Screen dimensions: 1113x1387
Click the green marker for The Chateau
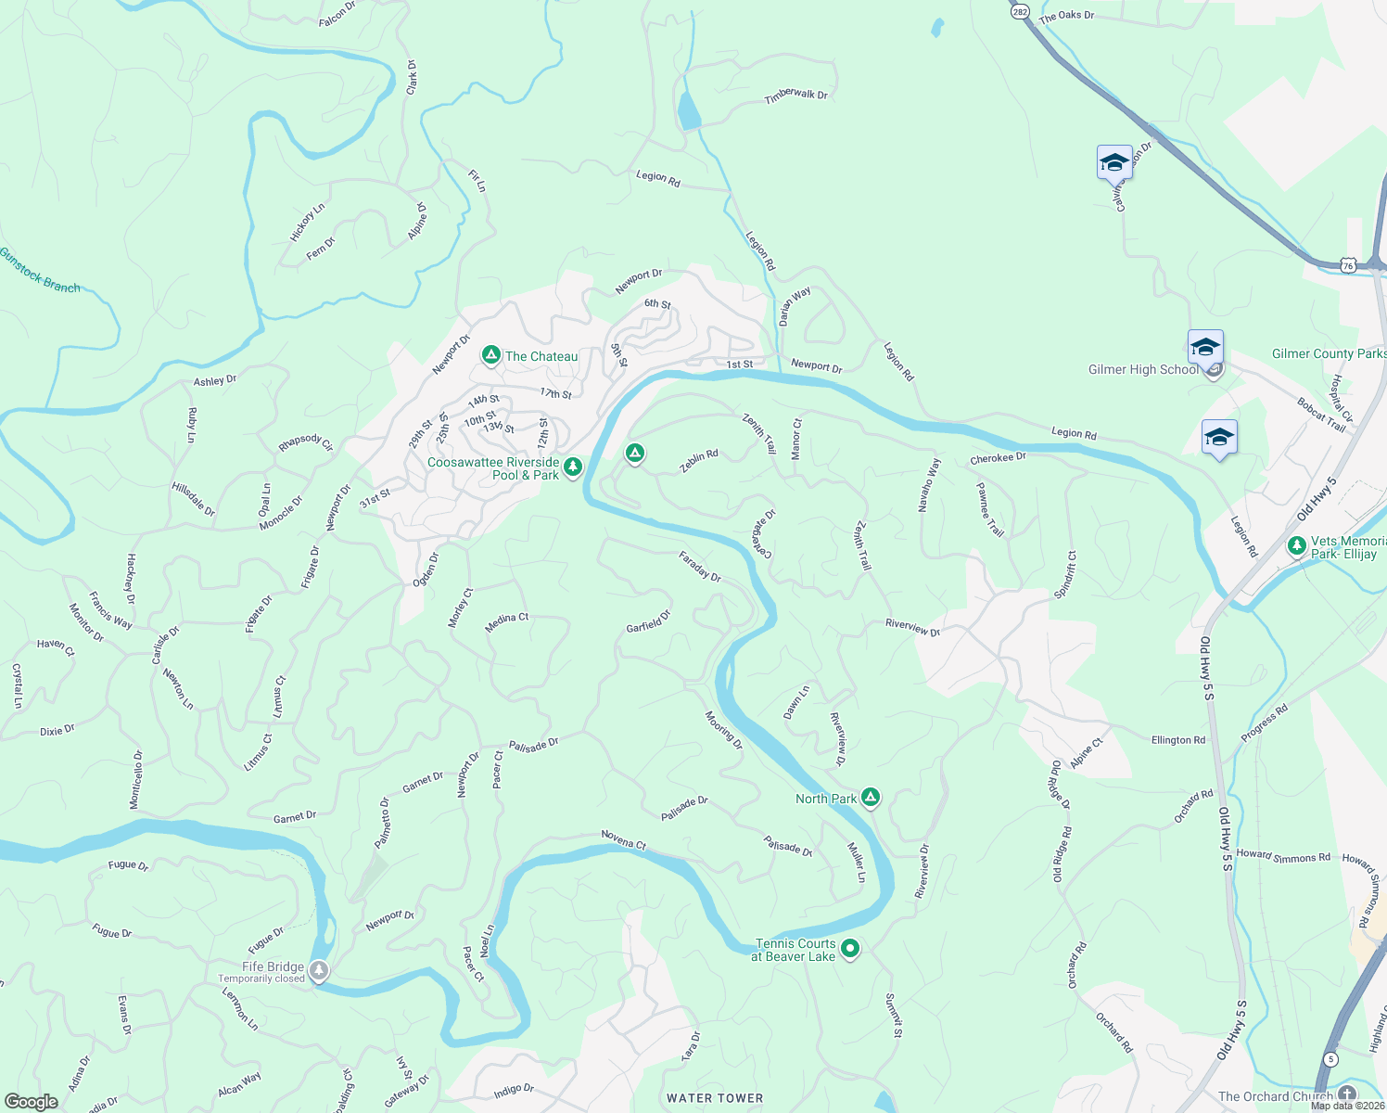(x=491, y=355)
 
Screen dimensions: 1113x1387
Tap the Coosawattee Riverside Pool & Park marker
(x=573, y=467)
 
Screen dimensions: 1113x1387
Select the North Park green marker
(x=870, y=797)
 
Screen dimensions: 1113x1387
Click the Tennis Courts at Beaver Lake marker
(x=850, y=949)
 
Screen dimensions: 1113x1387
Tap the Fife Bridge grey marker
(x=319, y=971)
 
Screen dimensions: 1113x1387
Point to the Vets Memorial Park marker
(x=1297, y=546)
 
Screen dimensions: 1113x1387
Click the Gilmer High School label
(x=1143, y=369)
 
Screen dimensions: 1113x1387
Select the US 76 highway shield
(x=1348, y=265)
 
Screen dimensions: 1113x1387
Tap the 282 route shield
(x=1020, y=11)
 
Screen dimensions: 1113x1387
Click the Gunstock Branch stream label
(x=40, y=270)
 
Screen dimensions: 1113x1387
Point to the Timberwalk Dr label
(x=795, y=96)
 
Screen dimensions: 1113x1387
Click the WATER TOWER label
(x=715, y=1098)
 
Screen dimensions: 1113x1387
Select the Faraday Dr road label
(x=700, y=566)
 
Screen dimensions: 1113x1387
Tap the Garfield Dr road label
(x=648, y=621)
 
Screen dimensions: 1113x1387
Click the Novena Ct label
(x=623, y=840)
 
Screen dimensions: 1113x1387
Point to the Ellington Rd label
(x=1178, y=740)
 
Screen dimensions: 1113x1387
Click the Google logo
(x=32, y=1102)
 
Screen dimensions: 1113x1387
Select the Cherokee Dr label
(x=998, y=458)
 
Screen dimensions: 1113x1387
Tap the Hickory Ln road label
(x=307, y=223)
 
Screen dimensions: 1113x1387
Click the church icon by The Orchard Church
(x=1347, y=1094)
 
